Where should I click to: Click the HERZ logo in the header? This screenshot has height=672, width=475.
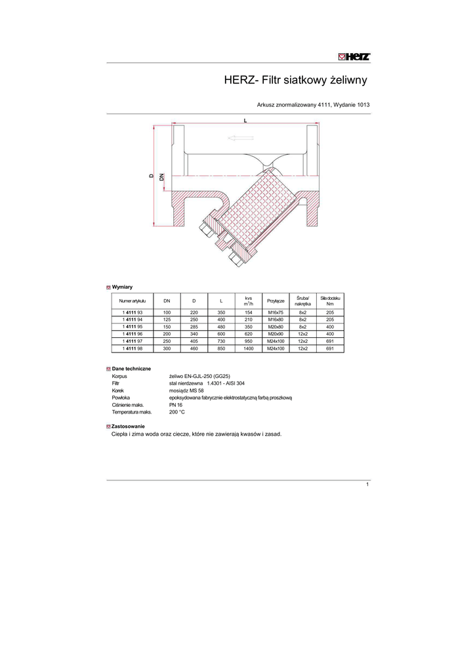(354, 56)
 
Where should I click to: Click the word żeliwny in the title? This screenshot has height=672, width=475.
(348, 80)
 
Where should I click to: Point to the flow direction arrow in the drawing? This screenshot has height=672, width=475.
(241, 138)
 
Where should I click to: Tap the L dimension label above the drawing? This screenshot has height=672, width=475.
(245, 121)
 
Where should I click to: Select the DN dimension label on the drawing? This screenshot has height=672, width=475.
(161, 177)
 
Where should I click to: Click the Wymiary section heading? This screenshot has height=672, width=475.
(122, 287)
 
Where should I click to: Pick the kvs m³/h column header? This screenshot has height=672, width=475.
(249, 301)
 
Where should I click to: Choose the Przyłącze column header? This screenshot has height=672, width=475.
(276, 301)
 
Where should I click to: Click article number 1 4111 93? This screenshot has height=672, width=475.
(133, 312)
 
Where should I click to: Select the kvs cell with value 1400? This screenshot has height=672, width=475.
(249, 348)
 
